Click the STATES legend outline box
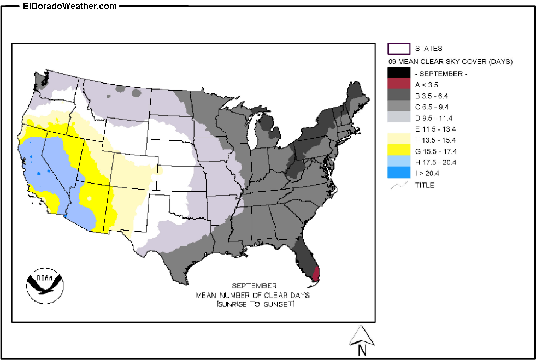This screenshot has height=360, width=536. [398, 49]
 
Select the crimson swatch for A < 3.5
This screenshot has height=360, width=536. [398, 84]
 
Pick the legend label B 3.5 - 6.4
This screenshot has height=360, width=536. [434, 96]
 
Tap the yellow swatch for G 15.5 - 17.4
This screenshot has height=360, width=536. [398, 151]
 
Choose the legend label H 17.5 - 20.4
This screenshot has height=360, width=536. [435, 162]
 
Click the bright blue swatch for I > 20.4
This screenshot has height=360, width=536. [398, 173]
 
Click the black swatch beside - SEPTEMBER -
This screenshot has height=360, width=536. [398, 73]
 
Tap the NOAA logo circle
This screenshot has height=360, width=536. [44, 284]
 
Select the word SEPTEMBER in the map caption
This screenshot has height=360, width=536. [254, 286]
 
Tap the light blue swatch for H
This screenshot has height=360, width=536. [398, 162]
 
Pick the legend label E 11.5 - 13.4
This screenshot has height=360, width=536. [435, 129]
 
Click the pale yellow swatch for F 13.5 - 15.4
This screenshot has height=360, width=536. [398, 140]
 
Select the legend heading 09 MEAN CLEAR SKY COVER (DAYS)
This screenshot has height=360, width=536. [450, 62]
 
